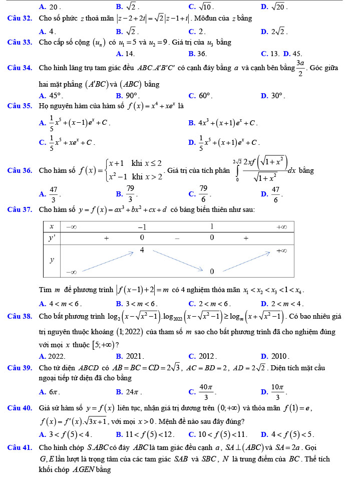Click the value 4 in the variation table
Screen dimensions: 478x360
click(142, 250)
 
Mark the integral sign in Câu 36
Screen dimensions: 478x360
click(234, 170)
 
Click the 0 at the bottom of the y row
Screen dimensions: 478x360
click(211, 271)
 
